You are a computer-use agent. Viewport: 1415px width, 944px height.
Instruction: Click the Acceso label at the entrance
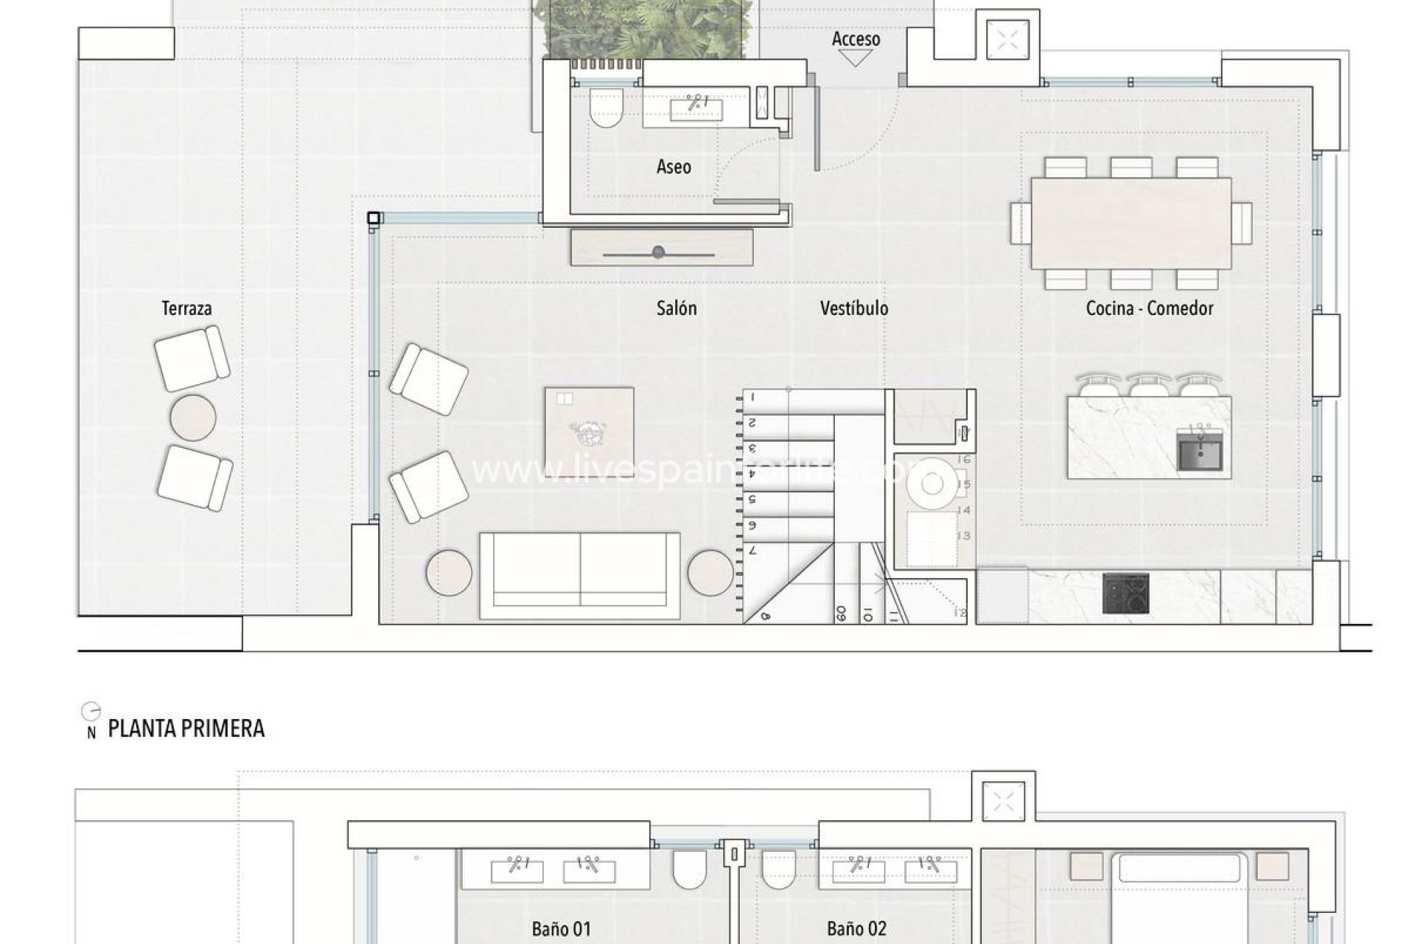coord(856,39)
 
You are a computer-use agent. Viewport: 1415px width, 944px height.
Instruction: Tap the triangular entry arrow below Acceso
coord(856,58)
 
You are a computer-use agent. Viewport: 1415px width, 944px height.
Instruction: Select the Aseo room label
coord(674,167)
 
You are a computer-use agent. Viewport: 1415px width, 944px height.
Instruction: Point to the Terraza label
coord(186,308)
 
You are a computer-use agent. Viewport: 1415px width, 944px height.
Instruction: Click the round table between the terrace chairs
coord(193,417)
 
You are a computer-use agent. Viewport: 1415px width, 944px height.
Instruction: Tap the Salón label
coord(677,308)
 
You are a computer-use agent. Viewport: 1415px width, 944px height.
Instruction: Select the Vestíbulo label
coord(854,308)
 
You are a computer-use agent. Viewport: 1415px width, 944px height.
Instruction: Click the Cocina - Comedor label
coord(1149,308)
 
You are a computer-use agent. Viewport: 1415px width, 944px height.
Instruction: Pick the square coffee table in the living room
coord(589,433)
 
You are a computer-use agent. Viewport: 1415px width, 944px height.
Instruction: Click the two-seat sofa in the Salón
coord(580,575)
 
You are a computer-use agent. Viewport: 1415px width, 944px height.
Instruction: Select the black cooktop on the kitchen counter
coord(1125,594)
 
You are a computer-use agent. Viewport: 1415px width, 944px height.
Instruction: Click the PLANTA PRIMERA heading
coord(186,729)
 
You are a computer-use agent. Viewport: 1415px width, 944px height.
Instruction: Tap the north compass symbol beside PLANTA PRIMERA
coord(91,712)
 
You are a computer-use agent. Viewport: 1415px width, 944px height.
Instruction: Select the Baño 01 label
coord(561,929)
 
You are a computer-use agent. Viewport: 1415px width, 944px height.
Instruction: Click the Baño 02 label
coord(856,929)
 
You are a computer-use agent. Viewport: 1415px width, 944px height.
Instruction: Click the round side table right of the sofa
coord(710,572)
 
